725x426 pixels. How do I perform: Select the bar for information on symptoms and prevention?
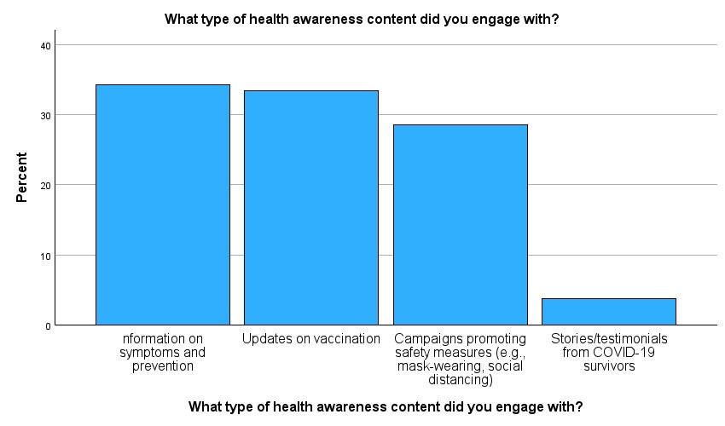[x=163, y=204]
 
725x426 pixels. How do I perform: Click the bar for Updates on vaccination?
[x=311, y=208]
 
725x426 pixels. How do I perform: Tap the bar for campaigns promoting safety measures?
[x=461, y=225]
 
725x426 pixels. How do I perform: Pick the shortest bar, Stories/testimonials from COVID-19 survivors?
[x=609, y=312]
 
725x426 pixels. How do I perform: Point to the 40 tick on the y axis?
[x=45, y=46]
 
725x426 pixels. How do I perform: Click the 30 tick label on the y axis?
[x=45, y=116]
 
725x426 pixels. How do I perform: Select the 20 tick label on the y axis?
[x=45, y=186]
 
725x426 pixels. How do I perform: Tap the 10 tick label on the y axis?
[x=45, y=256]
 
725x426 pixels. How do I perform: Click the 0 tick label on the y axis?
[x=48, y=326]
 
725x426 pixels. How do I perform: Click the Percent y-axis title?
[x=21, y=177]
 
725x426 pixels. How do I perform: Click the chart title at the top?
[x=362, y=20]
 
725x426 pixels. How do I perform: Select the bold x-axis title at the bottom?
[x=386, y=406]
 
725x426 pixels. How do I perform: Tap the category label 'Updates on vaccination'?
[x=311, y=339]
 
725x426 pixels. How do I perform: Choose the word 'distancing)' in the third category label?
[x=461, y=380]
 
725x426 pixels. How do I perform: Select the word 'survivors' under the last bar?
[x=609, y=366]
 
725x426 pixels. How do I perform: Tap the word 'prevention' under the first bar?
[x=163, y=366]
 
